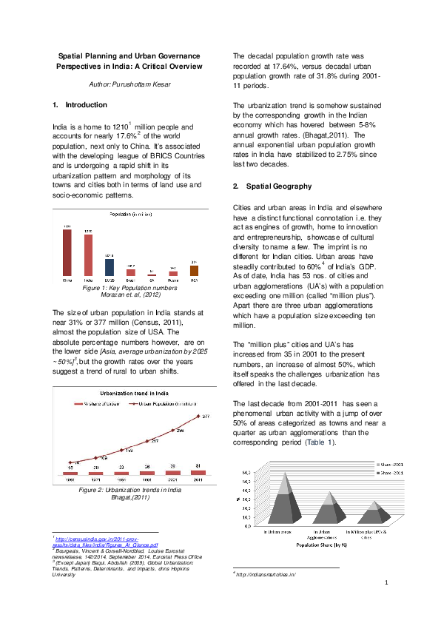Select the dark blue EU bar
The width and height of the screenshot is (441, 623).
click(109, 267)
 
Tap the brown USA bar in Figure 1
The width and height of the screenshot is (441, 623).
click(194, 271)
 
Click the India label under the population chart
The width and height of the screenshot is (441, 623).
click(88, 281)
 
